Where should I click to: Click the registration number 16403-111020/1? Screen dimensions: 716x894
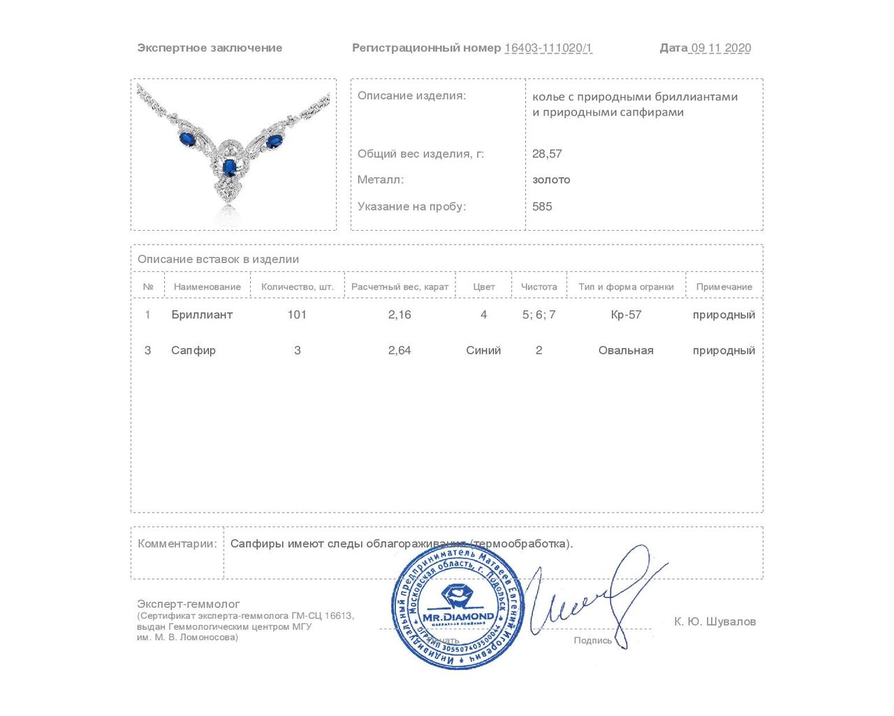point(548,48)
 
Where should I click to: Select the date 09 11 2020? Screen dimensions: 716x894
point(720,48)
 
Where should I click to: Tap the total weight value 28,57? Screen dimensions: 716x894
point(547,154)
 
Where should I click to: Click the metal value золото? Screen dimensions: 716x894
point(551,180)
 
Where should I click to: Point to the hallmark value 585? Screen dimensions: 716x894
point(542,206)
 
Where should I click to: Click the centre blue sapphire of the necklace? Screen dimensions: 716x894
point(229,167)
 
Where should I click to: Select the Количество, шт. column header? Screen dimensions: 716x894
point(298,287)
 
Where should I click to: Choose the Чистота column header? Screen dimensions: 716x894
point(538,287)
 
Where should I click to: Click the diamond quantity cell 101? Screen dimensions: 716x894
point(297,315)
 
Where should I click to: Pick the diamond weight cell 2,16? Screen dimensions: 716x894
point(400,315)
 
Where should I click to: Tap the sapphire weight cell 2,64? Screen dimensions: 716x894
point(400,350)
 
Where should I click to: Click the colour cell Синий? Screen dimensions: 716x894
point(483,350)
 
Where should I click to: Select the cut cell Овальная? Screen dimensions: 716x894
point(626,350)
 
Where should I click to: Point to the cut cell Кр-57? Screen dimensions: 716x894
point(626,315)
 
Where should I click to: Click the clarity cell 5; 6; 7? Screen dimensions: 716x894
point(538,315)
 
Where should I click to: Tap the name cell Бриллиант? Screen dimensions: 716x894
point(202,315)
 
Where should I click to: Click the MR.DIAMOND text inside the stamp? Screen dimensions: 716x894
point(458,617)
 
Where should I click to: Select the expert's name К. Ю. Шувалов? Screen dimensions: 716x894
point(715,622)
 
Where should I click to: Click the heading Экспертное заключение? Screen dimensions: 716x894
point(210,48)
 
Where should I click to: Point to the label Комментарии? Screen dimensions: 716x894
point(177,544)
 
